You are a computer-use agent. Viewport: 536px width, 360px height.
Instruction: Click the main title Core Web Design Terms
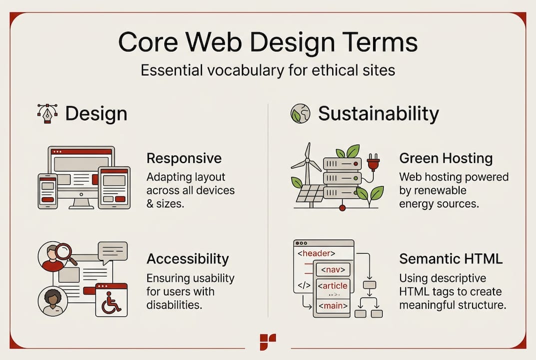click(268, 42)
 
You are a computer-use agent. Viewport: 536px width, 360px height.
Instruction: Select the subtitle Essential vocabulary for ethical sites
click(268, 70)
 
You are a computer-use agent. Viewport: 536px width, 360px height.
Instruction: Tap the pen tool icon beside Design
click(47, 113)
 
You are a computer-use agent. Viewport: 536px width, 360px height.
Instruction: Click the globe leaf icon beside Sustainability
click(300, 113)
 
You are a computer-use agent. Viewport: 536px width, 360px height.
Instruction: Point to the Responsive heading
click(184, 158)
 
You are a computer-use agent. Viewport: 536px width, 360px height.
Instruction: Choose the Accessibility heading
click(187, 258)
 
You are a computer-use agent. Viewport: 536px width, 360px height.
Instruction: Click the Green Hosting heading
click(446, 158)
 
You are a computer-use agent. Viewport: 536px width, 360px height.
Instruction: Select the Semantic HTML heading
click(451, 258)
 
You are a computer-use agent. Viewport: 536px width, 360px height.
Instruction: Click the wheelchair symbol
click(111, 303)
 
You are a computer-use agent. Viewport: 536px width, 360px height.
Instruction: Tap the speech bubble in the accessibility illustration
click(112, 252)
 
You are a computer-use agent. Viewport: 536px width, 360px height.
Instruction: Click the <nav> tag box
click(332, 270)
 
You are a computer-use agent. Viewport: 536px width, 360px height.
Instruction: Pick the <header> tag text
click(316, 253)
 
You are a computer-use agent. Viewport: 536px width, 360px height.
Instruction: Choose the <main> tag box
click(332, 305)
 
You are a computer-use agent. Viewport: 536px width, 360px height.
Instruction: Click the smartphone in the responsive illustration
click(48, 191)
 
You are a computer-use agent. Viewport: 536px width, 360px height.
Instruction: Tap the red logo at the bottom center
click(268, 342)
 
